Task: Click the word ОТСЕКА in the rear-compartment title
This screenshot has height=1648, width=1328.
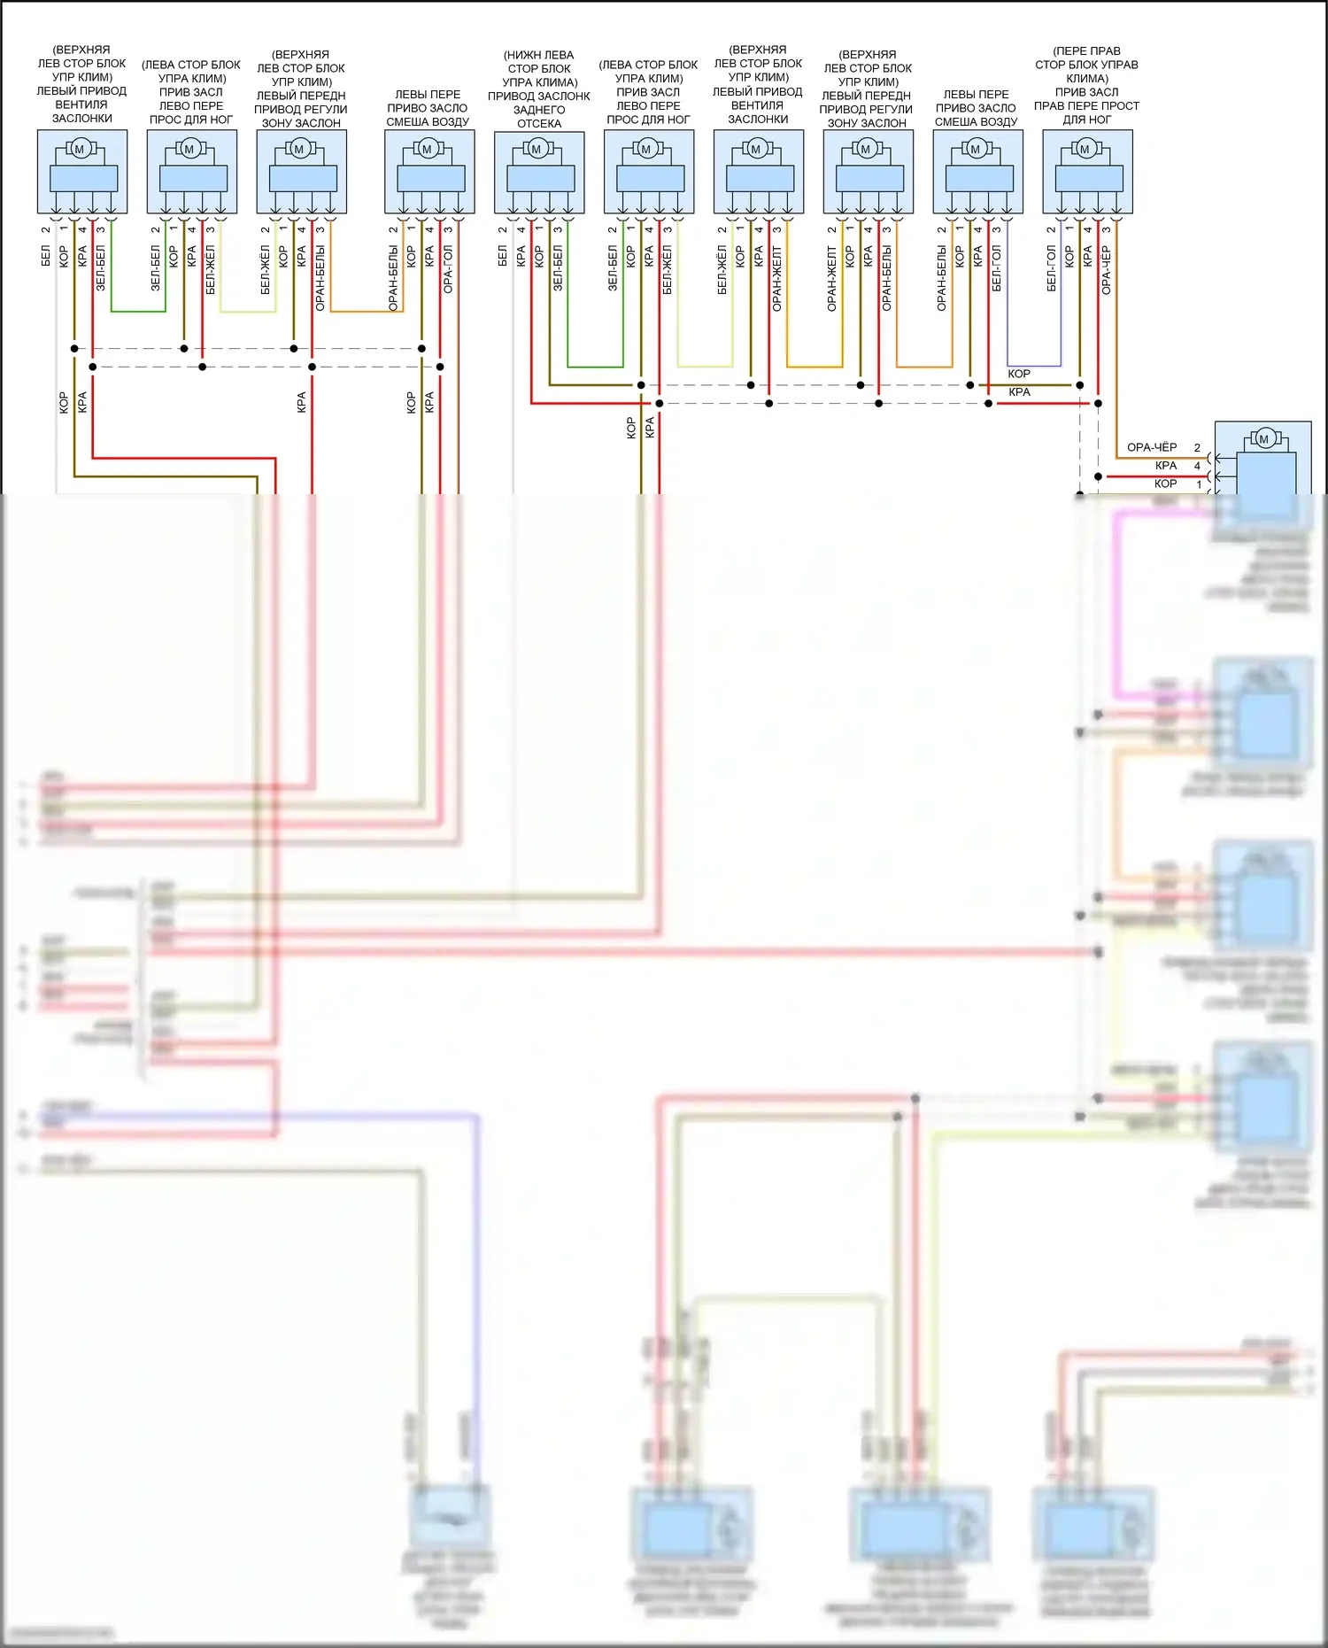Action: [538, 123]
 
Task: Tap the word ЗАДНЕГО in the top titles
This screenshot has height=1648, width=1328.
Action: [538, 110]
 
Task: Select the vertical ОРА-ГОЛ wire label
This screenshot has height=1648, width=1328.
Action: [448, 269]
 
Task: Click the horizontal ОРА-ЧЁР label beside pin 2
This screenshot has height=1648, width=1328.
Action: [1151, 447]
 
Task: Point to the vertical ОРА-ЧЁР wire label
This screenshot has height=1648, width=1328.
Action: [1106, 270]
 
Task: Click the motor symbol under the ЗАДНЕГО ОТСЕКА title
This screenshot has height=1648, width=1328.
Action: [537, 149]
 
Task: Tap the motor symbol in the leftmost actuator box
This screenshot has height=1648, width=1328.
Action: [80, 149]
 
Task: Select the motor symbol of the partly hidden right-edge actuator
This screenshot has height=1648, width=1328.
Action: [1263, 438]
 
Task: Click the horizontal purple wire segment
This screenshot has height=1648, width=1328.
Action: [1034, 366]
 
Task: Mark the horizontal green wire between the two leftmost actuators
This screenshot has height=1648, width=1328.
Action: [138, 311]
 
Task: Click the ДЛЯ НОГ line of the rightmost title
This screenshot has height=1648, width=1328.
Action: [1086, 119]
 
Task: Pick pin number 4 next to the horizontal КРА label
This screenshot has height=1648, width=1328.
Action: [1197, 466]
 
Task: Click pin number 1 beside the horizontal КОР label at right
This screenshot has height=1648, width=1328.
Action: [1200, 484]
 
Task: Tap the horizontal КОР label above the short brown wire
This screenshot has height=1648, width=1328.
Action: [1018, 374]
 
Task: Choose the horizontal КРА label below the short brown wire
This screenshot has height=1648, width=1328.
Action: [1018, 391]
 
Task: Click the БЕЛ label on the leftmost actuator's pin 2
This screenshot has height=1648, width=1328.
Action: [45, 257]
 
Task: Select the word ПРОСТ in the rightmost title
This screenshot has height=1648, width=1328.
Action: [1120, 105]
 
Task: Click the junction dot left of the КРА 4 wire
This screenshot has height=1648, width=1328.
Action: [1098, 476]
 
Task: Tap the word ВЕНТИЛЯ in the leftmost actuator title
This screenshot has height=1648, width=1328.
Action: [81, 104]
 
